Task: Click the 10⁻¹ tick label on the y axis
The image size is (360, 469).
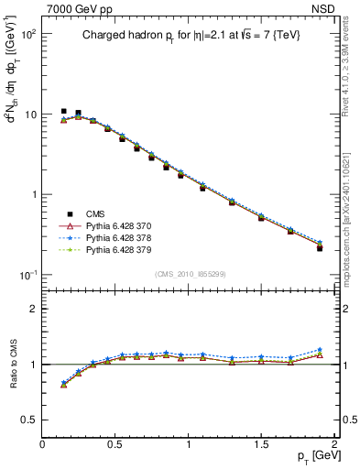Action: [x=28, y=275]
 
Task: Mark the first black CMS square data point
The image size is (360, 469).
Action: [x=63, y=111]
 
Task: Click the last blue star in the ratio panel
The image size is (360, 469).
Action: [x=320, y=350]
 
